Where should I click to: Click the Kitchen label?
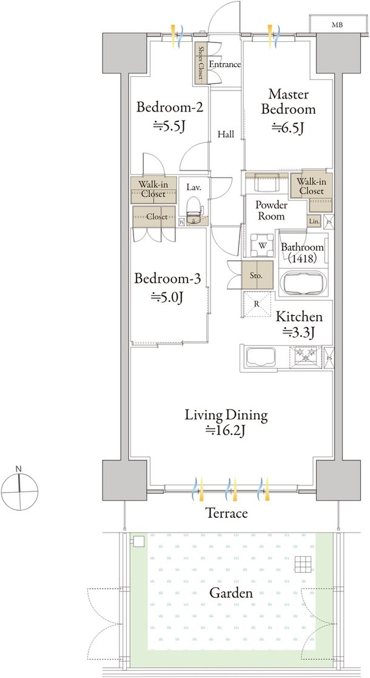pyautogui.click(x=300, y=317)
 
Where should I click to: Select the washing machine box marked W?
pyautogui.click(x=263, y=245)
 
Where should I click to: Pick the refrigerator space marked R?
pyautogui.click(x=257, y=304)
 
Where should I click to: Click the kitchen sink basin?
pyautogui.click(x=261, y=357)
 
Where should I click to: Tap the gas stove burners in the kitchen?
pyautogui.click(x=306, y=356)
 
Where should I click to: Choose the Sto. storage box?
pyautogui.click(x=257, y=275)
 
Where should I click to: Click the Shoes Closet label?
pyautogui.click(x=201, y=63)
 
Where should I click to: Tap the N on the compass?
pyautogui.click(x=19, y=469)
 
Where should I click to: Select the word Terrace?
pyautogui.click(x=226, y=513)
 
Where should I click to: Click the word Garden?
pyautogui.click(x=231, y=593)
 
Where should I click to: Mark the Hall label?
pyautogui.click(x=226, y=135)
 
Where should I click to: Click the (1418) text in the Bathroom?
pyautogui.click(x=302, y=258)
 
